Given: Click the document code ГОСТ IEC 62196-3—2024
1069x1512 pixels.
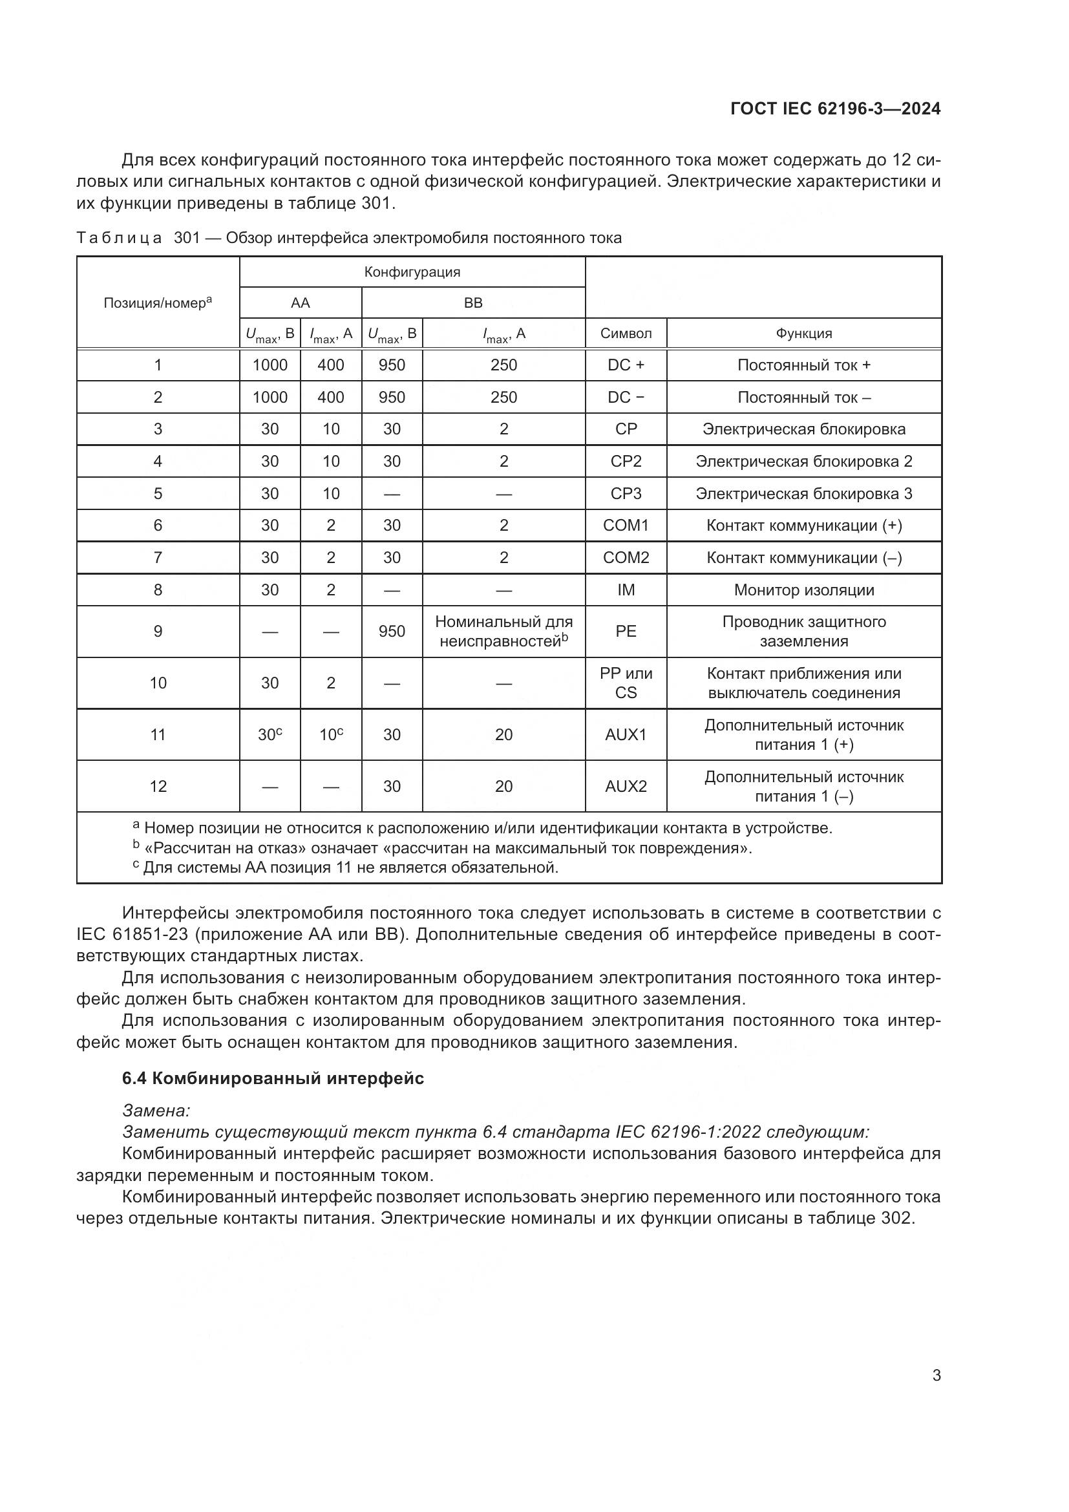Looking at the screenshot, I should [834, 109].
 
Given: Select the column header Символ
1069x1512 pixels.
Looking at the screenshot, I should [626, 333].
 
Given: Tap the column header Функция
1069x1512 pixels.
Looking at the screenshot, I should [804, 333].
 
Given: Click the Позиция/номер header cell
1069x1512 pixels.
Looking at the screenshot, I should [157, 303].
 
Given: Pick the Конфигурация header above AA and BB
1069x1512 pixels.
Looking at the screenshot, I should [412, 272].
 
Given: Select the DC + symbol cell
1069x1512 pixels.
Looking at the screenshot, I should [626, 365].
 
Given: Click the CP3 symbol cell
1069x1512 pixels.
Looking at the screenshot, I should [626, 493].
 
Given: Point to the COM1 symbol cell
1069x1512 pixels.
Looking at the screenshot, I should [626, 526].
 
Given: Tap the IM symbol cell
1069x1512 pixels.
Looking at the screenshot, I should [626, 590].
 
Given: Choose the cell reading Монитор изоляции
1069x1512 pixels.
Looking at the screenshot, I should [804, 590].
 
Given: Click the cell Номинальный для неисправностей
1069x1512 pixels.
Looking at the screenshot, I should [503, 631].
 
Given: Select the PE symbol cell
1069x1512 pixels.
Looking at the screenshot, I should [626, 631].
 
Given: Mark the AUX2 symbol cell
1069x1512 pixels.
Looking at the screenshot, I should [626, 785].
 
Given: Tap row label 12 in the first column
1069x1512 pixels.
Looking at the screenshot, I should [158, 785].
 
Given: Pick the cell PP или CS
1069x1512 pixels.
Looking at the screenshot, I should [626, 682].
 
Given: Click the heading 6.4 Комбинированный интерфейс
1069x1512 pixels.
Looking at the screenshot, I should [273, 1078].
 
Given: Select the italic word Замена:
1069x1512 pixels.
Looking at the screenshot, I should [156, 1111].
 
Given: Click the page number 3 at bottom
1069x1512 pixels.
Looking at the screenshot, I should [936, 1375].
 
